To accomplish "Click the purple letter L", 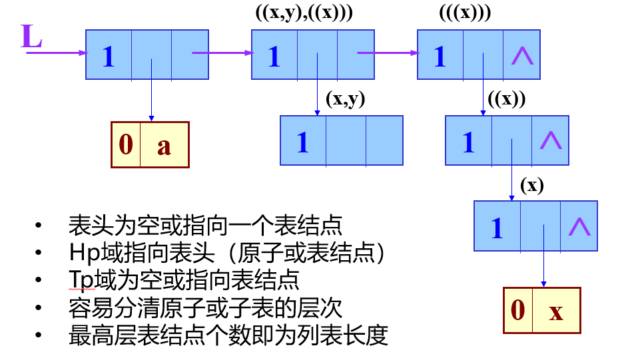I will click(31, 37).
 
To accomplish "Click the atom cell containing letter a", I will click(164, 144).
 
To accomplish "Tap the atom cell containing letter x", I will click(556, 310).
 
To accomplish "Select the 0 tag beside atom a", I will click(126, 144).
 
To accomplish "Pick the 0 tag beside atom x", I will click(517, 310).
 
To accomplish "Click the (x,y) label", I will click(345, 99).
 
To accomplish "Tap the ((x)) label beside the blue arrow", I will click(506, 99).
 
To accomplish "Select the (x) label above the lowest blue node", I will click(532, 186).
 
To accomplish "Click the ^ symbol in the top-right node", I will click(522, 56).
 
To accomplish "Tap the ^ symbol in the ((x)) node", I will click(550, 140).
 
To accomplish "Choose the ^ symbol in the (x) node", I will click(579, 226).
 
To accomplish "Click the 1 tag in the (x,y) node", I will click(303, 142).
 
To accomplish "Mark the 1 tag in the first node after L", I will click(109, 57).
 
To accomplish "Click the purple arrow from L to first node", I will click(57, 53).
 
